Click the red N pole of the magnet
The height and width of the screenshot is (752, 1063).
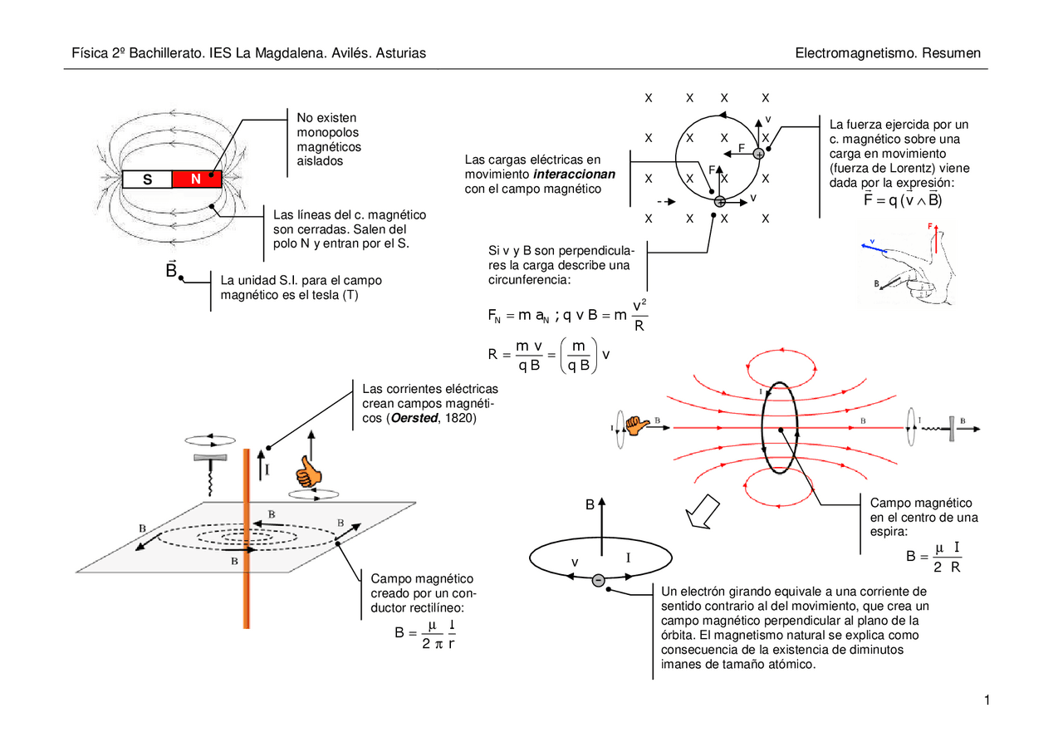[x=197, y=179]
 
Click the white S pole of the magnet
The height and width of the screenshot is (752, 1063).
[x=147, y=179]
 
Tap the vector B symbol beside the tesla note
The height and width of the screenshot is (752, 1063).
[x=172, y=271]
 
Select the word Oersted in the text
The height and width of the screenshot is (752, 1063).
[x=414, y=418]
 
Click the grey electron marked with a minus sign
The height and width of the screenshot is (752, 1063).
[x=597, y=580]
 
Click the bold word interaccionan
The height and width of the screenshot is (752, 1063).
[x=574, y=174]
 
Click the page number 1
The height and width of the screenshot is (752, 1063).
[x=987, y=701]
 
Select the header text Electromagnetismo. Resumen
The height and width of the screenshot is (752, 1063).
[x=888, y=53]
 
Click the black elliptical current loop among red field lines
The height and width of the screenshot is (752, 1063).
[x=781, y=427]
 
